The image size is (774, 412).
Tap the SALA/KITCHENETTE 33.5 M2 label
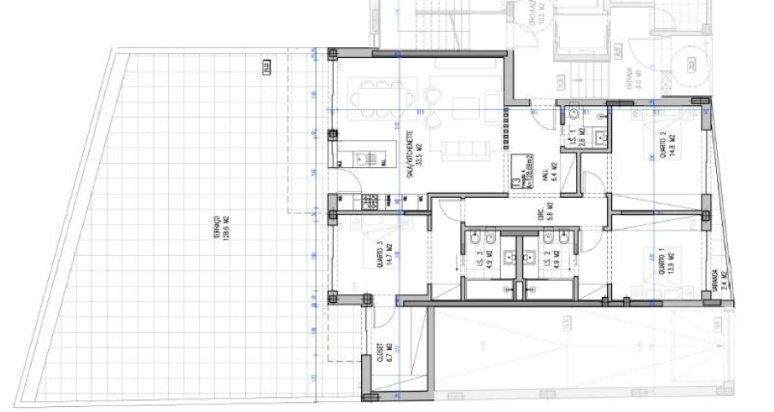coord(417,150)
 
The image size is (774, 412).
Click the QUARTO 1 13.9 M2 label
coord(670,263)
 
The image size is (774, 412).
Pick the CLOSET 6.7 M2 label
coord(384,357)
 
